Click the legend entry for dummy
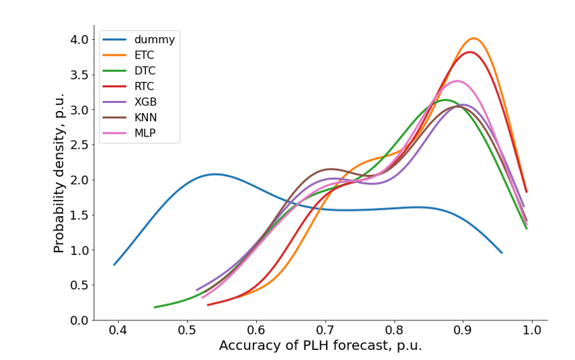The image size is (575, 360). click(x=154, y=40)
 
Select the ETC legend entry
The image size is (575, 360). click(x=144, y=55)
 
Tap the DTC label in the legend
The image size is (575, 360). click(x=145, y=71)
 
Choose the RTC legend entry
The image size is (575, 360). click(x=144, y=86)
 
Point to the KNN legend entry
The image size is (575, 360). click(x=145, y=118)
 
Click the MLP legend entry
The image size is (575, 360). click(x=145, y=133)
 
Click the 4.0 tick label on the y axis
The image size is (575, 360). click(x=79, y=40)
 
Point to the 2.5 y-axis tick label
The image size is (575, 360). click(x=79, y=145)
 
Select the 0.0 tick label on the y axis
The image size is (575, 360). click(x=79, y=320)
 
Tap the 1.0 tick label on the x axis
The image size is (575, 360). click(x=531, y=332)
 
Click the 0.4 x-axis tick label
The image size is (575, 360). click(x=118, y=332)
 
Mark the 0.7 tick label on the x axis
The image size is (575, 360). click(x=325, y=332)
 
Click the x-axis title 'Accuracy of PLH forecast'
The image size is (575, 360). click(x=320, y=347)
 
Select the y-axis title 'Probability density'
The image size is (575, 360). click(x=59, y=173)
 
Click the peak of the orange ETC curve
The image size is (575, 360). click(x=473, y=38)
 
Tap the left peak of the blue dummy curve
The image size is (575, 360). click(x=215, y=174)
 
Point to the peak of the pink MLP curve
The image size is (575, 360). click(x=457, y=81)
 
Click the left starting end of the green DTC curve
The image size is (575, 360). click(x=155, y=308)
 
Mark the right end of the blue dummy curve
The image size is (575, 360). click(x=502, y=253)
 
